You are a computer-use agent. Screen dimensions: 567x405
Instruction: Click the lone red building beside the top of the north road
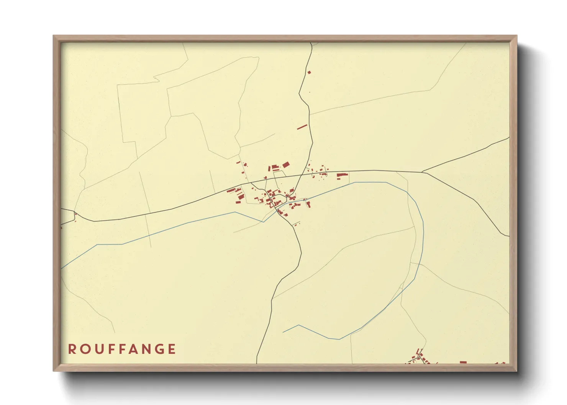click(309, 72)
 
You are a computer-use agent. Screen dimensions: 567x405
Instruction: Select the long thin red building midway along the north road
click(302, 127)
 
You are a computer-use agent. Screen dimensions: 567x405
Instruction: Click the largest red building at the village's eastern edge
click(341, 176)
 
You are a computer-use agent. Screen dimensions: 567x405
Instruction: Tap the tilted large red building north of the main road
click(285, 165)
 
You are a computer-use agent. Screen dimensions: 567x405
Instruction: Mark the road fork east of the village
click(422, 172)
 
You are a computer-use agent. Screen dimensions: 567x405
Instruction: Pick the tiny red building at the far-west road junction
click(75, 214)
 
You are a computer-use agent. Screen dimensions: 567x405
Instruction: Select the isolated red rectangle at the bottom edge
click(463, 362)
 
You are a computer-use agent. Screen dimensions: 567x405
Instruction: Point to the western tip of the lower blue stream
click(283, 332)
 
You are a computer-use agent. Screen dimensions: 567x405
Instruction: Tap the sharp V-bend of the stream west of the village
click(264, 221)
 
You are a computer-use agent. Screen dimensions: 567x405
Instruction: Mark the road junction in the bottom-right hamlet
click(420, 354)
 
